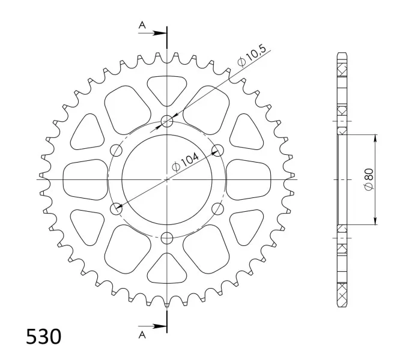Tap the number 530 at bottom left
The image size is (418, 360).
[43, 337]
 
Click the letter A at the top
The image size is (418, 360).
[142, 25]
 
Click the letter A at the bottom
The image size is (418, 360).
[142, 335]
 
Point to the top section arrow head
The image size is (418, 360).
[160, 33]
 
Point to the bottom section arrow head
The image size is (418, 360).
[160, 326]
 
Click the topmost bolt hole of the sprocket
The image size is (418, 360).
[167, 121]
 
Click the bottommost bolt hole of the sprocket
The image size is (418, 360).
[167, 238]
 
